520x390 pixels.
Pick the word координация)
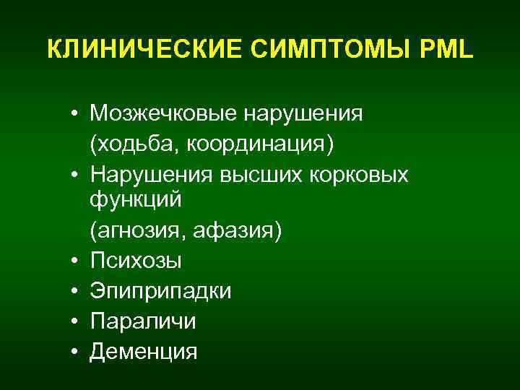click(x=259, y=145)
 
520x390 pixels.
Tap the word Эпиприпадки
click(x=161, y=290)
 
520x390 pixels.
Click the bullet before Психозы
click(x=75, y=261)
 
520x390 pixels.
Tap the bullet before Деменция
click(x=75, y=352)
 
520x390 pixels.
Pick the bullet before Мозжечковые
click(x=75, y=115)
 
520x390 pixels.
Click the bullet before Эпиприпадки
click(x=75, y=291)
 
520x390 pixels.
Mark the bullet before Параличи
click(x=75, y=321)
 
